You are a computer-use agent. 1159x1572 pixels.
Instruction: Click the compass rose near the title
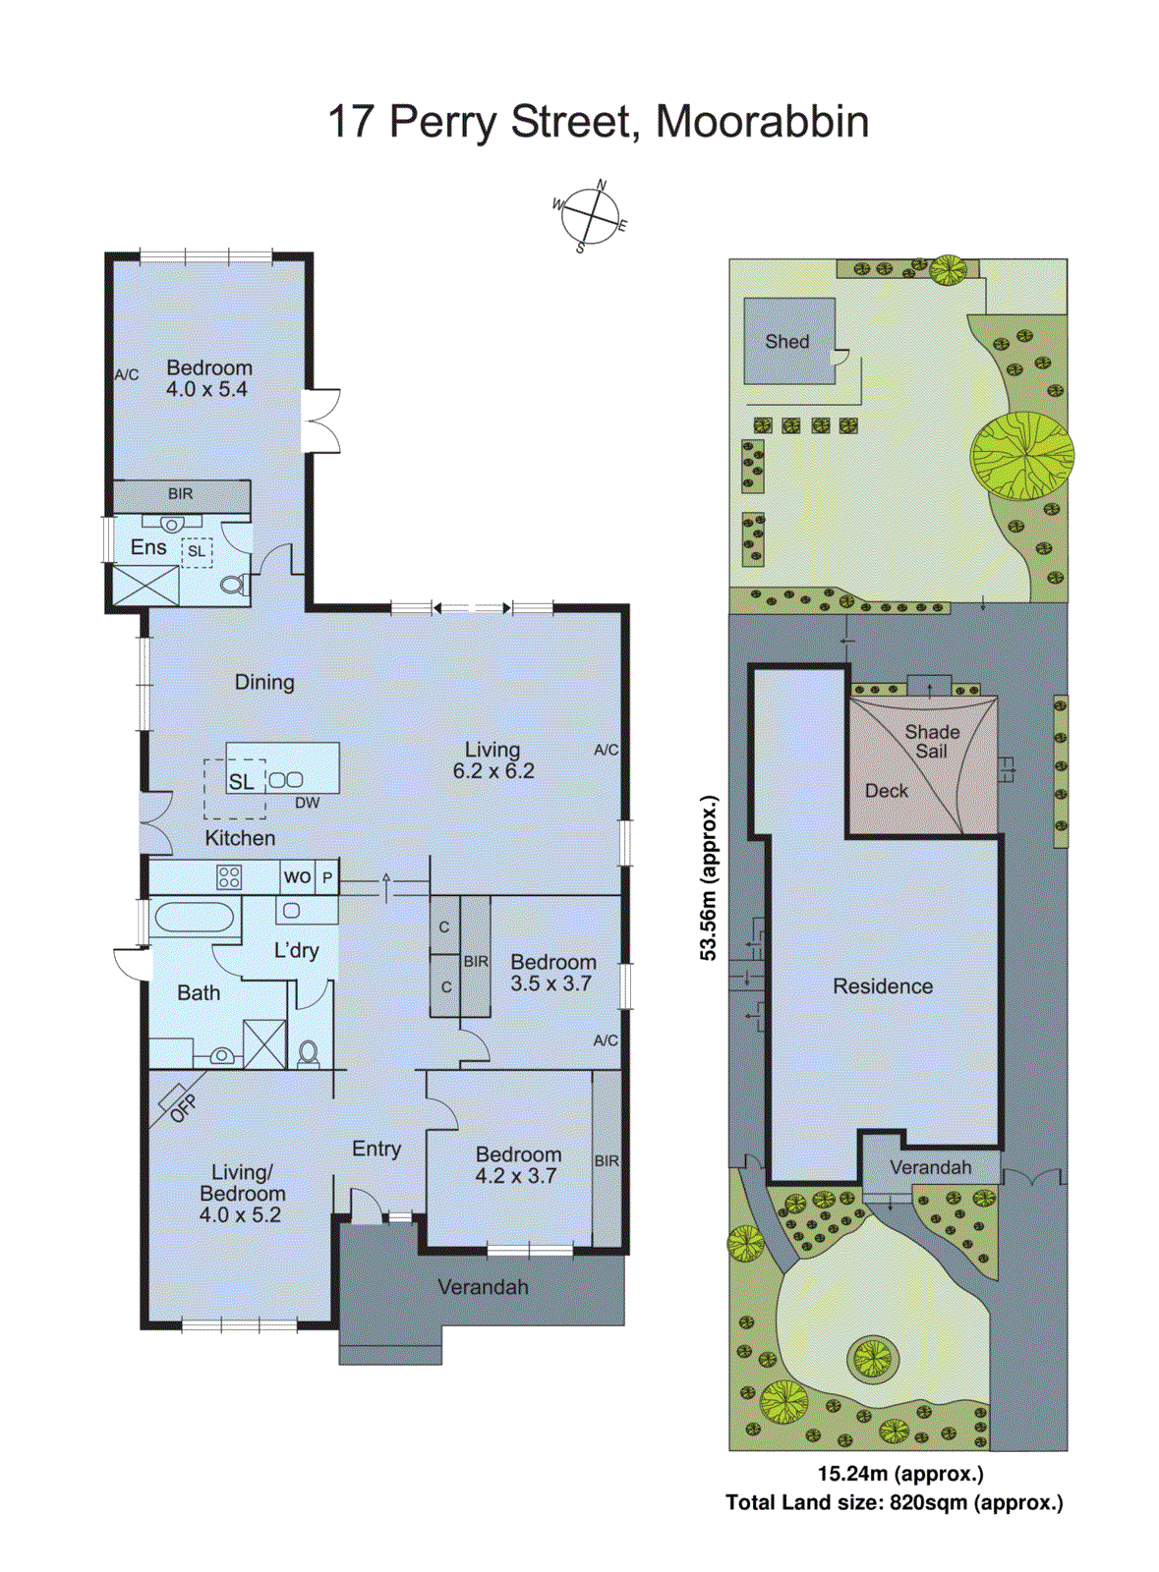(590, 216)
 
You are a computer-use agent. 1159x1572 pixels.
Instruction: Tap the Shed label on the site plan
(787, 342)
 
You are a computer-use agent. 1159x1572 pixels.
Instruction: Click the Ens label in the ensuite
(148, 547)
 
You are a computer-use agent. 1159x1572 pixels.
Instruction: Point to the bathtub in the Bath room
(195, 918)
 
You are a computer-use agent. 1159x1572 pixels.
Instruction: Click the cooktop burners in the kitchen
(229, 876)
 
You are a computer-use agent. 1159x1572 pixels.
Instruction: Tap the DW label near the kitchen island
(308, 803)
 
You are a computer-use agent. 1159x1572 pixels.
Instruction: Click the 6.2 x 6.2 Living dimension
(493, 772)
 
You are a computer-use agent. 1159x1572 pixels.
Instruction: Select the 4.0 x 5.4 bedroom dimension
(206, 389)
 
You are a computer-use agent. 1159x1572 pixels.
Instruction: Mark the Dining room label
(264, 682)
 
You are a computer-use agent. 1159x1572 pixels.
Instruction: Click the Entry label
(377, 1149)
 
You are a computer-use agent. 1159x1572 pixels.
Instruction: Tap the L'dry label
(296, 950)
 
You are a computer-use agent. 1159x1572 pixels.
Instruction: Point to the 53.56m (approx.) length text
(709, 877)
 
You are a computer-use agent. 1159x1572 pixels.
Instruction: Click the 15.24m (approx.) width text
(900, 1474)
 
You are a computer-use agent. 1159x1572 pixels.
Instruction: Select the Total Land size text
(895, 1502)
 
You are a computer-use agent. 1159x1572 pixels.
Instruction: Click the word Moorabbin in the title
(762, 122)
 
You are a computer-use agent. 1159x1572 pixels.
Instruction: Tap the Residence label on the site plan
(883, 986)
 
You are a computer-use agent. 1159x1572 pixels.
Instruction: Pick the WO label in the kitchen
(297, 876)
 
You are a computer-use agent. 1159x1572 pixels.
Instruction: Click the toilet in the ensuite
(233, 586)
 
